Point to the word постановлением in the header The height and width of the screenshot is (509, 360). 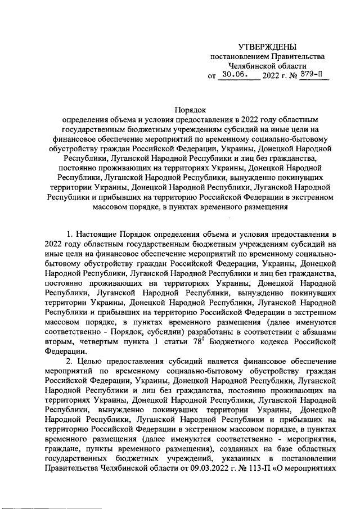[x=237, y=57]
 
